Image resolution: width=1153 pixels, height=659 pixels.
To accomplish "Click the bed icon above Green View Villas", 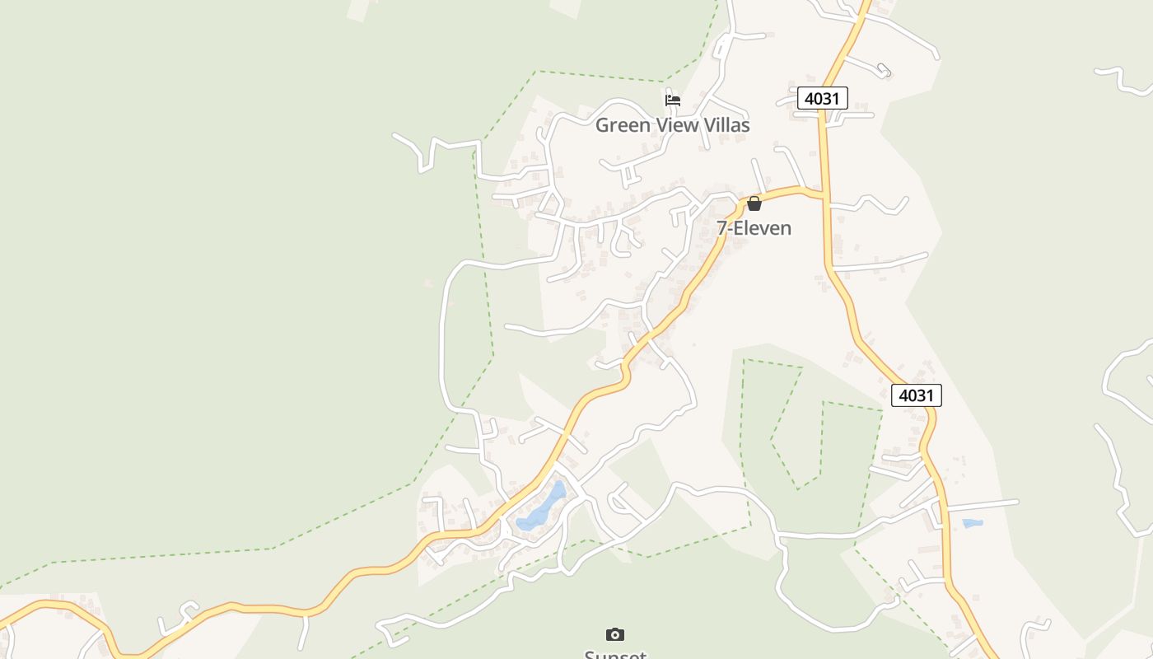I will pos(673,100).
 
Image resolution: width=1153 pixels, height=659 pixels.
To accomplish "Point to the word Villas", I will pos(726,125).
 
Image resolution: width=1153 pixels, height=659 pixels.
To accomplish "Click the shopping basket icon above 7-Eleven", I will pos(754,203).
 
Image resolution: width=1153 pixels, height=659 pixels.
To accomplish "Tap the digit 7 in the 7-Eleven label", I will pos(722,228).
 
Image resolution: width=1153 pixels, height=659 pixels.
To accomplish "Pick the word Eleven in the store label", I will pos(762,228).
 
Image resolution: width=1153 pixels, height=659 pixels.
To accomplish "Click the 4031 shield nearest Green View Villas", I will pos(822,99).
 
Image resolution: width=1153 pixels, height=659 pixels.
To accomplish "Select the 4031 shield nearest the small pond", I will pos(916,395).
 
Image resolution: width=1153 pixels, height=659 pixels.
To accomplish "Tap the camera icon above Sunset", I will pos(615,634).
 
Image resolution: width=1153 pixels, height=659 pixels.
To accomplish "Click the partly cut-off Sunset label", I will pos(615,654).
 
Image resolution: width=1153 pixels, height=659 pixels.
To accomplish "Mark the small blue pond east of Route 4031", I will pos(973,523).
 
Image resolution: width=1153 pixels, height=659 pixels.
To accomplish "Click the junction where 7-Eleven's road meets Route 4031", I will pos(824,195).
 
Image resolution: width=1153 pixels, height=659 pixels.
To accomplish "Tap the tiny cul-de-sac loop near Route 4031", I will pos(884,69).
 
